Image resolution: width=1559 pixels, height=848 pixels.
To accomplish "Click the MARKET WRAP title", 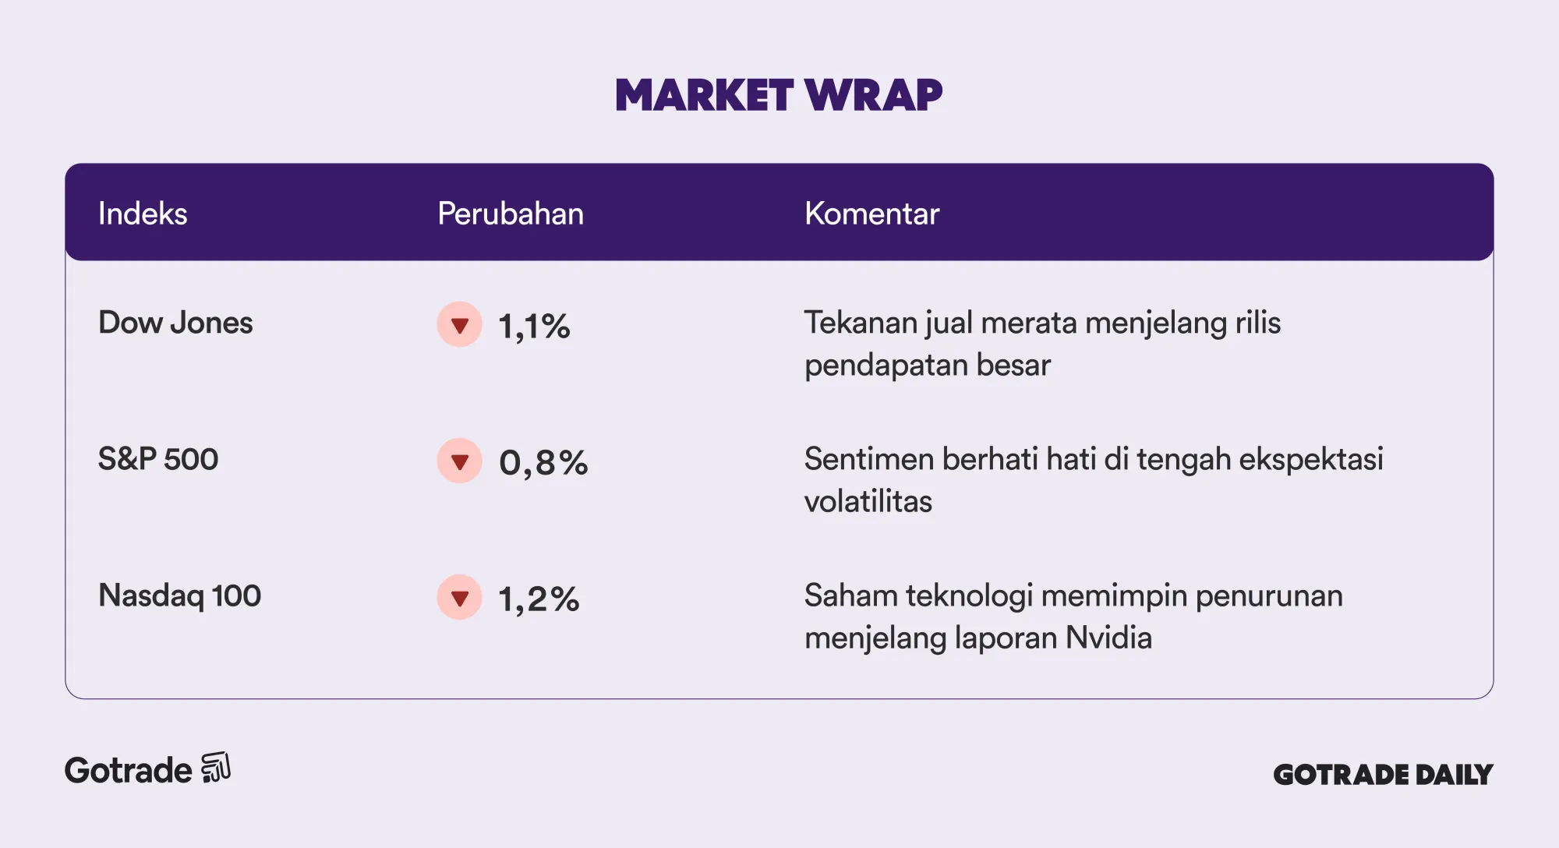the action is coord(779,95).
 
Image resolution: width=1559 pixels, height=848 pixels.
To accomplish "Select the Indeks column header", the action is coord(143,214).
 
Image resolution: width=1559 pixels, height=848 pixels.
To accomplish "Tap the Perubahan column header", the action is coord(511,214).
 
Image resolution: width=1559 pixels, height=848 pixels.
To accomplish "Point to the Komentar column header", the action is coord(871,214).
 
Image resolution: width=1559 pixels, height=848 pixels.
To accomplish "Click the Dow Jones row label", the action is coord(175,323).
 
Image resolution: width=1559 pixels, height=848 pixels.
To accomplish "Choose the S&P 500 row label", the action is coord(158,459).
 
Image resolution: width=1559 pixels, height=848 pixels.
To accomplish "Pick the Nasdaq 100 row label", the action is coord(179,596).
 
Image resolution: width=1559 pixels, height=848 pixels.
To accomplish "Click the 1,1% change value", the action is coord(534,327).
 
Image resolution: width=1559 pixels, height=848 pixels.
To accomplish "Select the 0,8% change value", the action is coord(543,463).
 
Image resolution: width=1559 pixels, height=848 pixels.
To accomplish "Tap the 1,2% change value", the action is coord(539,599).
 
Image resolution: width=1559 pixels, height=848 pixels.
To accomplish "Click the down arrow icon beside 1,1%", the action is coord(460,324).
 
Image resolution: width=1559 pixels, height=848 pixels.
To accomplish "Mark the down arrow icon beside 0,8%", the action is coord(460,461).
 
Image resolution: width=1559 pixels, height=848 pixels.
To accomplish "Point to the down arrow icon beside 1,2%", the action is coord(460,597).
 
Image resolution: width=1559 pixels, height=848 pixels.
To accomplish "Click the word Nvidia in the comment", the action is coord(1108,638).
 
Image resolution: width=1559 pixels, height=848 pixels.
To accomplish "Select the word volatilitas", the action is coord(868,502).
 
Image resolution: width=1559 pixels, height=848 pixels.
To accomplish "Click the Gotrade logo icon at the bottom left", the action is coord(216,768).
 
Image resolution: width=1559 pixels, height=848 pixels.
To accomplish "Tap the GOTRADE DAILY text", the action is coord(1383,775).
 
